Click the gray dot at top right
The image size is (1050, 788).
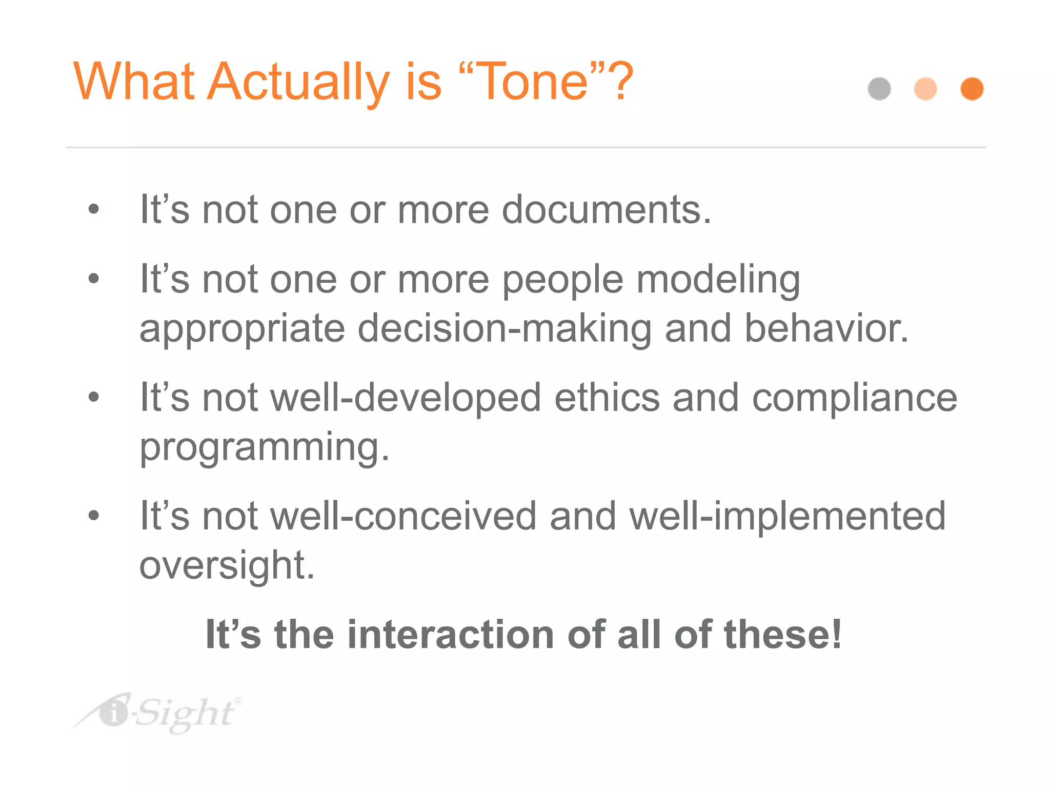(x=879, y=89)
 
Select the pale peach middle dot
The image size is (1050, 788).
(x=925, y=89)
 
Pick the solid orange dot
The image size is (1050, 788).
(x=972, y=89)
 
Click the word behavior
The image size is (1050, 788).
(x=826, y=328)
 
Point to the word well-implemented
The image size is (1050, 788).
(x=787, y=516)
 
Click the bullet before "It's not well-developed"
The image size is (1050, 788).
(x=93, y=397)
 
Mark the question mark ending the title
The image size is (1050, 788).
(x=622, y=82)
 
